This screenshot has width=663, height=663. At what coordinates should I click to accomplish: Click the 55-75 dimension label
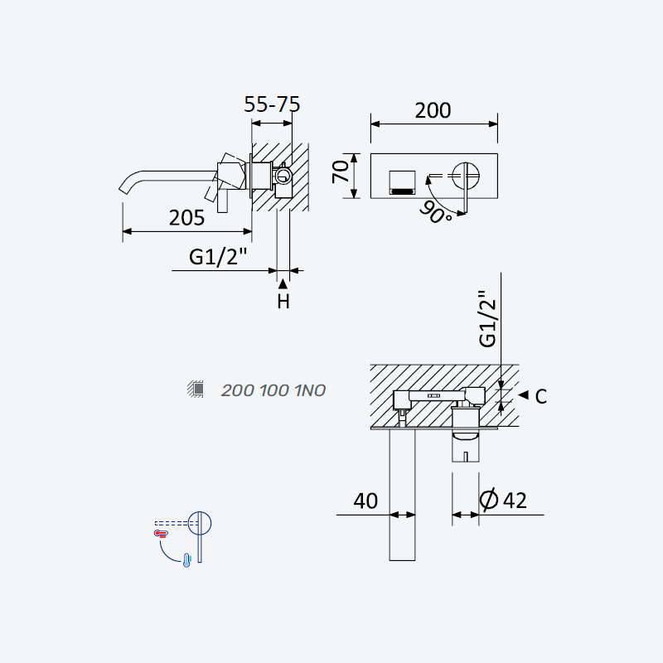[x=272, y=104]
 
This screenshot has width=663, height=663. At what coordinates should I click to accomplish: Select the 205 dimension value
[x=186, y=218]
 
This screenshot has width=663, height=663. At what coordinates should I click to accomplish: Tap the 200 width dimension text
[x=433, y=110]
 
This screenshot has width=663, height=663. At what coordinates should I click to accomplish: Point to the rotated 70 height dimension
[x=341, y=172]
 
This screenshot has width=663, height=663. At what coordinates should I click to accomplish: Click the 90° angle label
[x=436, y=212]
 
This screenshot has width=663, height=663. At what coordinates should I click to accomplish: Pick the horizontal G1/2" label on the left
[x=218, y=257]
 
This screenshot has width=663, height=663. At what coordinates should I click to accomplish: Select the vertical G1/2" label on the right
[x=487, y=319]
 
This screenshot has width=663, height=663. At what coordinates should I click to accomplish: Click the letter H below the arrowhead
[x=283, y=302]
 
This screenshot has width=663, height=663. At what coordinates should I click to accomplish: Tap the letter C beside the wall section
[x=541, y=397]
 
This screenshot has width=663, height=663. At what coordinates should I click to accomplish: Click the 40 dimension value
[x=365, y=501]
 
